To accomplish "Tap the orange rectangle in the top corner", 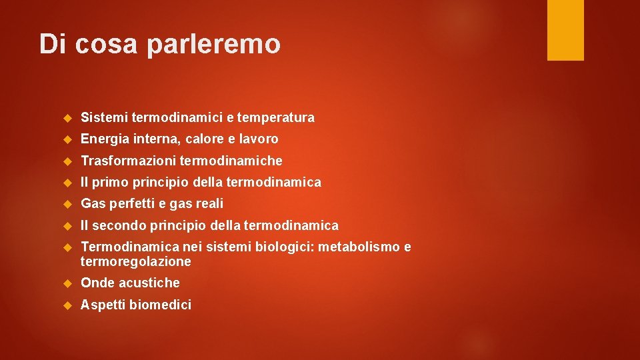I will tap(565, 30).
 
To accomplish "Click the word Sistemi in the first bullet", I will tap(104, 118).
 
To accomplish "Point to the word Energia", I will tap(104, 139).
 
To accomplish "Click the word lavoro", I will tap(258, 139).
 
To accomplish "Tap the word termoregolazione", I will tap(136, 261).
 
